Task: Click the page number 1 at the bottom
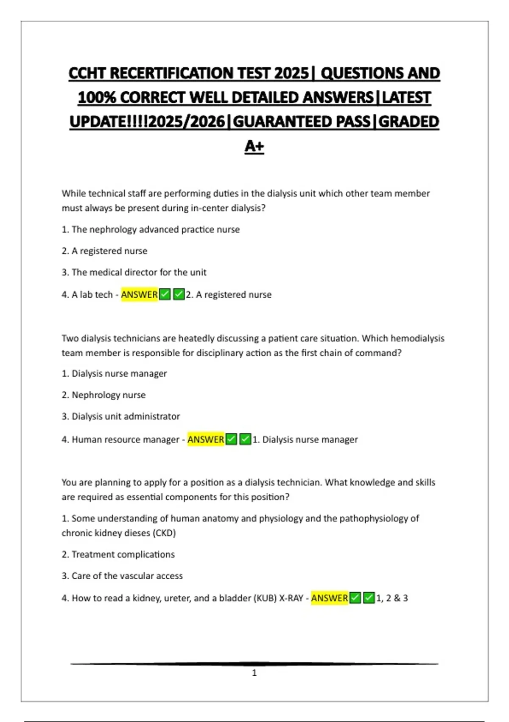(254, 673)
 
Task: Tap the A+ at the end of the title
(254, 146)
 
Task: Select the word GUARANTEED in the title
(302, 122)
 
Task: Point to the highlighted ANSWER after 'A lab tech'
(139, 294)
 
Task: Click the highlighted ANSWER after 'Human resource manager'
(206, 439)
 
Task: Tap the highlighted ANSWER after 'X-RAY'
(329, 598)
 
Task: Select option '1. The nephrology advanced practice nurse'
(151, 229)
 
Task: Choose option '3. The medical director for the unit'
(134, 272)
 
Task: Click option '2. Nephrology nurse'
(103, 395)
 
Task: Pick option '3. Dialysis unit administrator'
(120, 416)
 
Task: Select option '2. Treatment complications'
(118, 554)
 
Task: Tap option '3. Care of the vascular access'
(122, 576)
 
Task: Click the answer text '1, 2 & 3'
(392, 598)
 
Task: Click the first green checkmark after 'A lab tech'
(165, 294)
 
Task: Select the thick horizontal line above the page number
(254, 663)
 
